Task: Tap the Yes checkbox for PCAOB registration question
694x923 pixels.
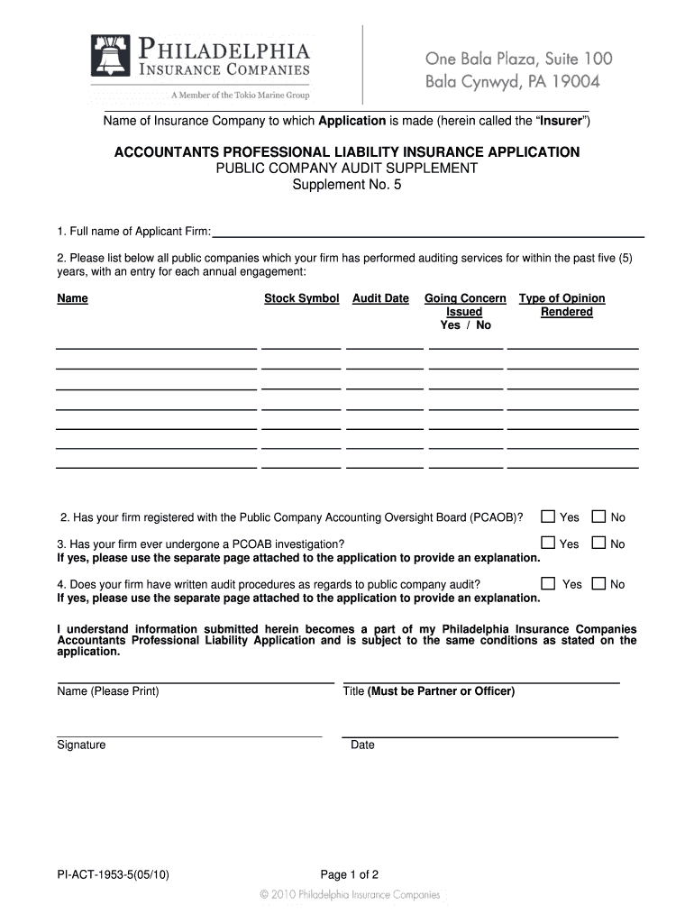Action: coord(547,516)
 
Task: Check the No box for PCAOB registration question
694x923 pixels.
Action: coord(598,516)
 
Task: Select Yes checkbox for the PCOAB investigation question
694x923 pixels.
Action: coord(547,543)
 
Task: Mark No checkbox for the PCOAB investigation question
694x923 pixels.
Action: coord(598,543)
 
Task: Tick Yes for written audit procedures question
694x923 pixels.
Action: coord(547,583)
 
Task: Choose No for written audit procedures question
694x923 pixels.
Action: coord(598,583)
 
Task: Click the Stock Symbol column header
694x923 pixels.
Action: coord(301,298)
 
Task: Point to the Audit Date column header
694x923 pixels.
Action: coord(380,298)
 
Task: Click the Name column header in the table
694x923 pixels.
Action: coord(72,298)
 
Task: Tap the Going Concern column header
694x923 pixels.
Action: coord(465,298)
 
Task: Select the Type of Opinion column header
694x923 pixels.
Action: coord(562,298)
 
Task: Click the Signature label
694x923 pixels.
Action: coord(81,745)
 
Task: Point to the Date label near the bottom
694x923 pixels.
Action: coord(362,745)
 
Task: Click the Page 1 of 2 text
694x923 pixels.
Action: coord(349,874)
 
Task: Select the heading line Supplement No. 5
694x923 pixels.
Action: coord(347,185)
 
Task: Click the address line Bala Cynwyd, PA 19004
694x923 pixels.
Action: coord(512,82)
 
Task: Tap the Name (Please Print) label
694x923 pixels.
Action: coord(108,691)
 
